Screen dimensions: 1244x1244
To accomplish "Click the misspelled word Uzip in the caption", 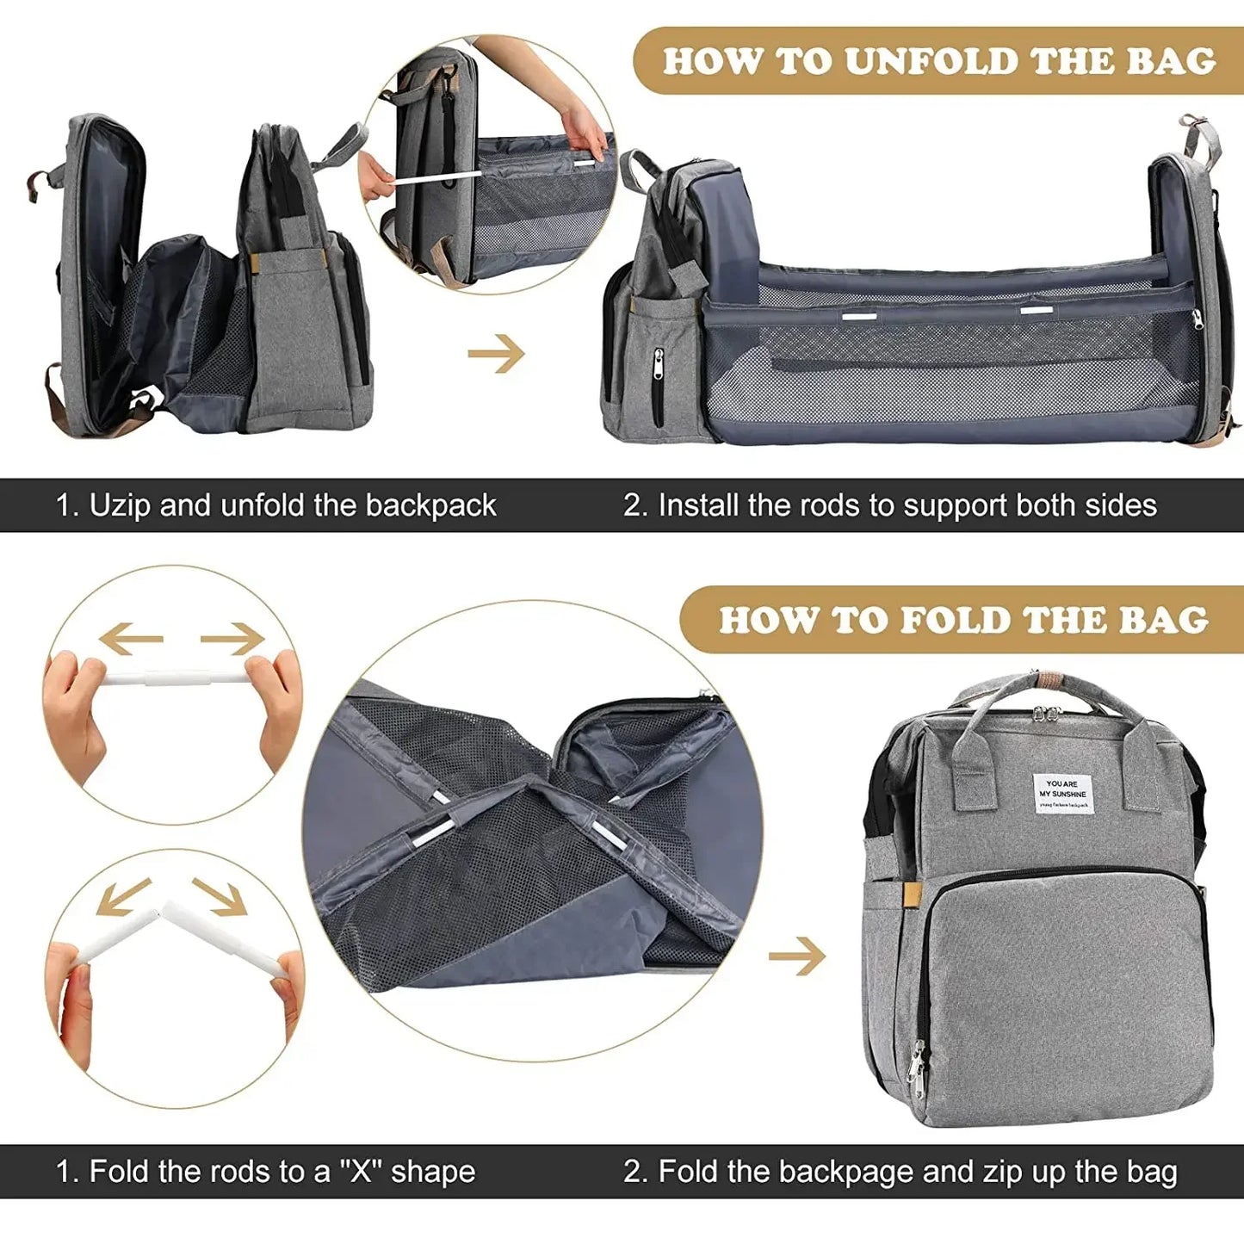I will point(121,505).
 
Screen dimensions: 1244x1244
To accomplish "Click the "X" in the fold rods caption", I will point(361,1172).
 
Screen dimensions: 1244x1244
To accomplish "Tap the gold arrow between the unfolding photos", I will point(497,353).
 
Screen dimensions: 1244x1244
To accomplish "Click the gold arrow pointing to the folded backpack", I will point(797,956).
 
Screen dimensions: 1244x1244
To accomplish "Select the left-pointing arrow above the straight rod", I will point(130,639).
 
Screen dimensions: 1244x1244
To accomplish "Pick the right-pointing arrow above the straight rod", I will point(232,639).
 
